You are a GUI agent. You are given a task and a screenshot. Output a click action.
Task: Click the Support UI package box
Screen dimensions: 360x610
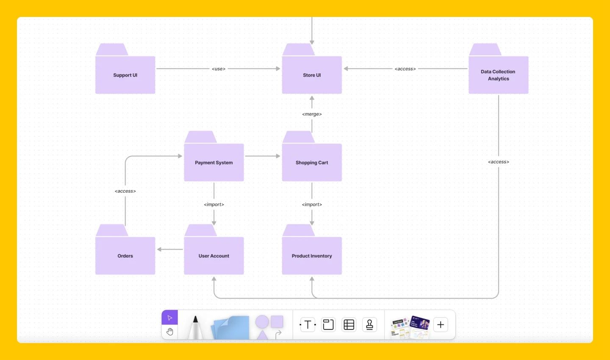coord(125,75)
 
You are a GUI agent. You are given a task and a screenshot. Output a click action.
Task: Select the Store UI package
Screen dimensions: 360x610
coord(312,75)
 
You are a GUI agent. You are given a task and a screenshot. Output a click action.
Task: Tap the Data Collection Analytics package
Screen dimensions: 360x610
coord(498,75)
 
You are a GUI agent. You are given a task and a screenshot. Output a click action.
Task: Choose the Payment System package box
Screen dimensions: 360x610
coord(213,162)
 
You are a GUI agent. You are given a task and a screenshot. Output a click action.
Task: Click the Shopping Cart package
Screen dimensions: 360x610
coord(312,162)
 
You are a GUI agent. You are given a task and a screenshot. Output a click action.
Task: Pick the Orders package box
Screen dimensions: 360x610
coord(125,256)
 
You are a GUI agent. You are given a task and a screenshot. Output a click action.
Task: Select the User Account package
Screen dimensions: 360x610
coord(213,256)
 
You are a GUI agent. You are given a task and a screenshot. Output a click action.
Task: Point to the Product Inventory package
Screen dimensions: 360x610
coord(312,256)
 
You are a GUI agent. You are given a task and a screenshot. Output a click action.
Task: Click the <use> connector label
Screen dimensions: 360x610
coord(219,69)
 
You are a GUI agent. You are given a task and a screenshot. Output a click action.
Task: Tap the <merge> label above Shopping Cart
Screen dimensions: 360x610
coord(312,114)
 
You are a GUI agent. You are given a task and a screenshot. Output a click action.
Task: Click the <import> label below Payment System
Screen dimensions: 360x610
coord(213,204)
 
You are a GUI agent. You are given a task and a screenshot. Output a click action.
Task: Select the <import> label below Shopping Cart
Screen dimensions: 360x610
coord(312,204)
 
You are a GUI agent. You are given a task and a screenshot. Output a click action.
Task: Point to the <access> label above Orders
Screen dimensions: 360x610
coord(125,191)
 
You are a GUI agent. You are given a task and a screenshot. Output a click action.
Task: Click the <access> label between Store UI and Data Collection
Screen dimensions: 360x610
coord(405,69)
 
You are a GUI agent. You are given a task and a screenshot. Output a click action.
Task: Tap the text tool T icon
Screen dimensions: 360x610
coord(308,325)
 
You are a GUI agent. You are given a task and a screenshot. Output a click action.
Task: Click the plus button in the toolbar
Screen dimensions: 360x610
coord(441,325)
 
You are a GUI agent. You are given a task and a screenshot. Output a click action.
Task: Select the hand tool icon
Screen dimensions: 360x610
coord(170,332)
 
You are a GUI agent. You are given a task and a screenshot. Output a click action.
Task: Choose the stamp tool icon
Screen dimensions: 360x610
coord(369,325)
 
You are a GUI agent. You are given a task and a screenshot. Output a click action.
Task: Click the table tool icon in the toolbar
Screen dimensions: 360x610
coord(349,325)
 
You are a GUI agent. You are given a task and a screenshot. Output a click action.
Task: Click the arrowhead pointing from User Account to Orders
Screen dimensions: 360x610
coord(160,249)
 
